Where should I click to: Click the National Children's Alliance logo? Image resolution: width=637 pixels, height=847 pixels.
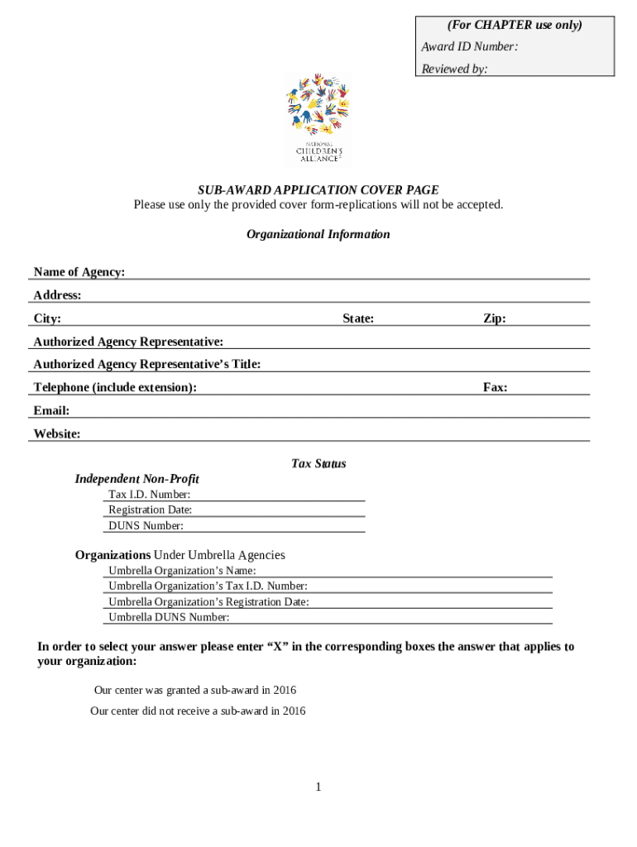[x=318, y=120]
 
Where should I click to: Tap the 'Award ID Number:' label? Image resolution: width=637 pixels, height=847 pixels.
[x=469, y=47]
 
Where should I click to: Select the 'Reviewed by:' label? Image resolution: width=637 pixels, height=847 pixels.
[x=454, y=69]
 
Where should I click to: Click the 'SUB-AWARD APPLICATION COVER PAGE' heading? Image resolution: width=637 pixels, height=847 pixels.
[x=318, y=190]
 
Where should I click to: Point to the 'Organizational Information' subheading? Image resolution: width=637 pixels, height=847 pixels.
[x=318, y=234]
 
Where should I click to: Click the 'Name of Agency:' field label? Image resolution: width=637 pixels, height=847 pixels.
[x=79, y=272]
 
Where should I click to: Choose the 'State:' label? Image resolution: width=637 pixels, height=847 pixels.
[x=358, y=318]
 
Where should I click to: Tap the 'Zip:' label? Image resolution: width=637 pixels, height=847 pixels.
[x=495, y=318]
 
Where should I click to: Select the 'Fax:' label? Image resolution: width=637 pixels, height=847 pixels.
[x=496, y=387]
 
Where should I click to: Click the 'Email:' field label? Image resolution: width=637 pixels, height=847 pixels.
[x=51, y=411]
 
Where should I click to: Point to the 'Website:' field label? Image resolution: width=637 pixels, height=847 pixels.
[x=57, y=434]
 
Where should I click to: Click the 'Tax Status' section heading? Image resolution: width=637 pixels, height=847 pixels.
[x=318, y=464]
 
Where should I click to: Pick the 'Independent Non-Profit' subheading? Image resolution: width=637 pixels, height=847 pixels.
[x=137, y=479]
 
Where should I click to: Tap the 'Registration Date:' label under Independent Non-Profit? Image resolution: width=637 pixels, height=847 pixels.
[x=150, y=510]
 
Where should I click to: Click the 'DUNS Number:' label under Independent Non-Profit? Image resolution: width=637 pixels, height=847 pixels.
[x=146, y=526]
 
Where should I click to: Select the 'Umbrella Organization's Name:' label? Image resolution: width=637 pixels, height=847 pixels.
[x=182, y=571]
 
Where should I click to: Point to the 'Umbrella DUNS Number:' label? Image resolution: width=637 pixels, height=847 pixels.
[x=169, y=617]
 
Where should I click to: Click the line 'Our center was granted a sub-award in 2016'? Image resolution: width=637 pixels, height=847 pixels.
[x=195, y=690]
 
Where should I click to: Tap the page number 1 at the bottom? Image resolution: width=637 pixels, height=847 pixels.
[x=318, y=787]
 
